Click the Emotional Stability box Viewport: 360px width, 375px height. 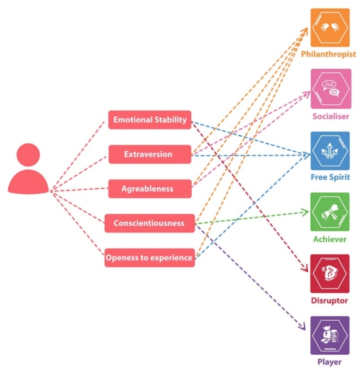[150, 120]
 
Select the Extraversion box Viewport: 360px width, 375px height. [149, 154]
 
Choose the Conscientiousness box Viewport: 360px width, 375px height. [149, 223]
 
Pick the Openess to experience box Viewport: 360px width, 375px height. [150, 258]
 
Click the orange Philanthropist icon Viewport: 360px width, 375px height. [329, 27]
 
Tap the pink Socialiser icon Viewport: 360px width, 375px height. [329, 88]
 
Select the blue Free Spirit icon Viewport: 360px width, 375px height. [329, 151]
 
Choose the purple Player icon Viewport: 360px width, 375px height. [329, 335]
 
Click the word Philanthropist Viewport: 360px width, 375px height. [329, 54]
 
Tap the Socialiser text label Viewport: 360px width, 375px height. [329, 116]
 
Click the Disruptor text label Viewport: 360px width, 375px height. [329, 300]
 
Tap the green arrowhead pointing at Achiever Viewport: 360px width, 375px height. [305, 212]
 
